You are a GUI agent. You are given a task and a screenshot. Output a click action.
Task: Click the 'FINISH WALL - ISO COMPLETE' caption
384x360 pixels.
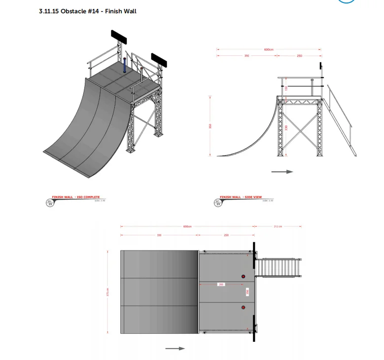point(76,197)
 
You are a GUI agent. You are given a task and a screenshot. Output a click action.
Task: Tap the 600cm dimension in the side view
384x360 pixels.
point(269,50)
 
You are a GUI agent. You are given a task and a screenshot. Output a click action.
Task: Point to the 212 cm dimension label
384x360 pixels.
point(277,227)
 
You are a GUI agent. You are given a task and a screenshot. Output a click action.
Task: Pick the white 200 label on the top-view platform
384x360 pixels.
point(221,285)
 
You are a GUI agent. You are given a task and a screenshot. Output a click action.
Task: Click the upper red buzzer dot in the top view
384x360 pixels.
point(243,277)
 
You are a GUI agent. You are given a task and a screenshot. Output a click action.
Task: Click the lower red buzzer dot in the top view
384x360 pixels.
point(243,308)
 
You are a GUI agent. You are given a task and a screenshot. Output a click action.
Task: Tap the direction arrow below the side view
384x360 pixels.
point(282,172)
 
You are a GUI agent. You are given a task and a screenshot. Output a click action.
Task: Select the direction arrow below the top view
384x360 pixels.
point(175,349)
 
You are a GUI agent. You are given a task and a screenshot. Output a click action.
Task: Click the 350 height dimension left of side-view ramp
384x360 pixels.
point(210,126)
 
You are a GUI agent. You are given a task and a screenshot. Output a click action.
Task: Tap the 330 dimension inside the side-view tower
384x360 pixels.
point(286,128)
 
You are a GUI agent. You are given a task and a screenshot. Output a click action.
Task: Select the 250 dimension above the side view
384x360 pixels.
point(299,56)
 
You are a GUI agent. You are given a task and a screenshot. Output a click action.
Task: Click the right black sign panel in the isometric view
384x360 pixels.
point(159,60)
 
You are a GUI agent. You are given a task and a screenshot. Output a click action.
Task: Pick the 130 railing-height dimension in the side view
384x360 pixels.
point(286,88)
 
